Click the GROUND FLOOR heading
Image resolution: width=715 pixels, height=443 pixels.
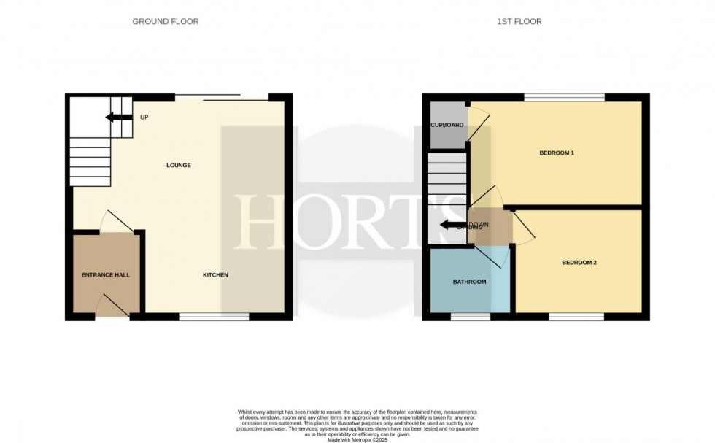[x=165, y=22]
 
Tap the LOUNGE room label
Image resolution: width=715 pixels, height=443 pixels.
[x=178, y=166]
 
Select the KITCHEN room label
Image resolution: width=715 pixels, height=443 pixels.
[x=215, y=275]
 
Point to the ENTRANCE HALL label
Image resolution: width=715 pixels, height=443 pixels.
[x=105, y=275]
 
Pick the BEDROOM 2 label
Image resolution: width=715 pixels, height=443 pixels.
[x=579, y=262]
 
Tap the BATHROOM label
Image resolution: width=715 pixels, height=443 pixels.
[x=469, y=281]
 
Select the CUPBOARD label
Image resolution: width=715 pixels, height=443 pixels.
[x=447, y=125]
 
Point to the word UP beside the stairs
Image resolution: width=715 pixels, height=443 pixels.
[x=144, y=118]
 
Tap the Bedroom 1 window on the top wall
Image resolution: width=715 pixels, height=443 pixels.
[x=564, y=97]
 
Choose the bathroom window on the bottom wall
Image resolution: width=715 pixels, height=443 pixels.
[x=470, y=317]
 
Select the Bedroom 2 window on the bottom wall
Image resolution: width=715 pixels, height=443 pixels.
[x=576, y=317]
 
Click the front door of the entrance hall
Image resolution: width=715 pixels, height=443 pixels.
[x=113, y=307]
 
